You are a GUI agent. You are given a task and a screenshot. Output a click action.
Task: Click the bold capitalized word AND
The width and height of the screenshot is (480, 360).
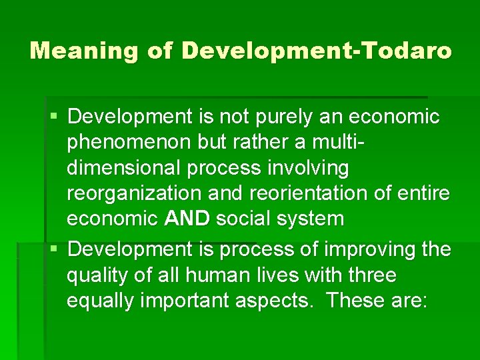(187, 218)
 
